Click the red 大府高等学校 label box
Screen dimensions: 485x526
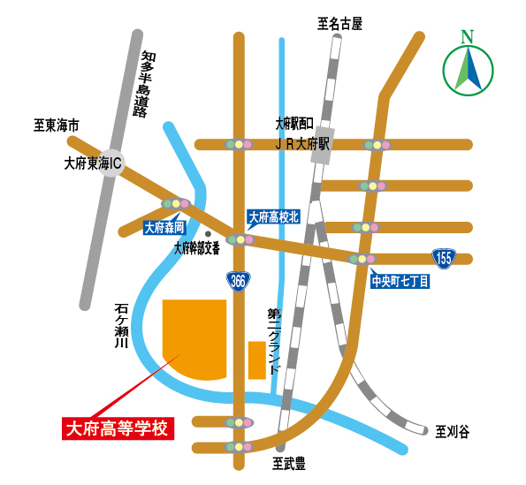coord(118,429)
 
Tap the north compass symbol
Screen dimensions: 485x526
coord(466,67)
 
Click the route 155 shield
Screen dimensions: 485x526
coord(444,258)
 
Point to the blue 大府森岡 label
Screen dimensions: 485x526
coord(164,227)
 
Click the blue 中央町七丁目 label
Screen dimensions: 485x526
coord(400,282)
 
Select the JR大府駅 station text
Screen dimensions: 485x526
coord(301,141)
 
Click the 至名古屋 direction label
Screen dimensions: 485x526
coord(340,24)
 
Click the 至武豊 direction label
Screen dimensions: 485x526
coord(288,462)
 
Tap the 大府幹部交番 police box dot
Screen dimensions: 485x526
coord(207,234)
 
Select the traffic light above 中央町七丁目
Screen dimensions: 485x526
coord(361,259)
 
